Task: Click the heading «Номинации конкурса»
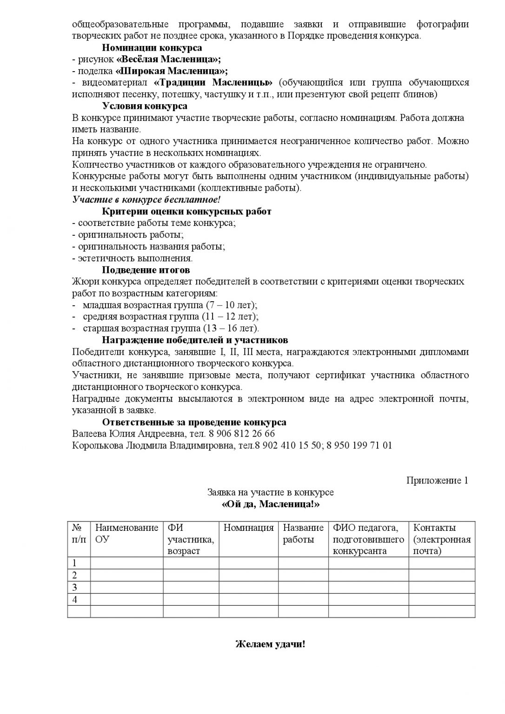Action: [x=152, y=47]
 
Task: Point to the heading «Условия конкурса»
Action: [x=145, y=106]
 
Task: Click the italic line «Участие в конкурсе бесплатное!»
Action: [x=146, y=200]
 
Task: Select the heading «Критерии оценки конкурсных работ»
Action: [x=186, y=212]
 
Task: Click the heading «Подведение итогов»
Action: [x=146, y=270]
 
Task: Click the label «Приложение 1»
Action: [x=437, y=481]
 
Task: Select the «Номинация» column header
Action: [x=248, y=528]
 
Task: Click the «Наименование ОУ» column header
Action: [x=126, y=534]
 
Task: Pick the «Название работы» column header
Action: [x=303, y=534]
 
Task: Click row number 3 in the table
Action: [x=74, y=587]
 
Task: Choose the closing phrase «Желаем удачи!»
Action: [x=271, y=645]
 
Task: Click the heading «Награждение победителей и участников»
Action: [x=195, y=340]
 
